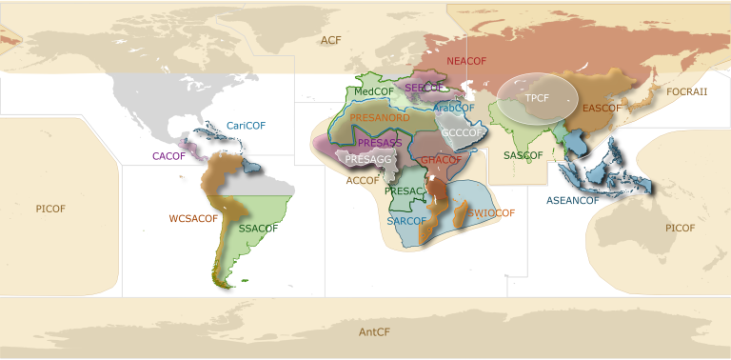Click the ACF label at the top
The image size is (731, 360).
tap(330, 40)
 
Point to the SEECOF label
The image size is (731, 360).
tap(425, 87)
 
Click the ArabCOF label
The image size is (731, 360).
tap(454, 108)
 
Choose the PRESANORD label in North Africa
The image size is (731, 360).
tap(380, 117)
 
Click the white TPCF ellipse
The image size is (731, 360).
tap(537, 98)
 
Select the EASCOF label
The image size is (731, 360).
tap(602, 109)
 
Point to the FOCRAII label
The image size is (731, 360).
tap(687, 91)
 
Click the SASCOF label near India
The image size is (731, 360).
tap(523, 155)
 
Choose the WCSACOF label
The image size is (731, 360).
tap(193, 218)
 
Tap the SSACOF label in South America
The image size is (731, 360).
tap(258, 229)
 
